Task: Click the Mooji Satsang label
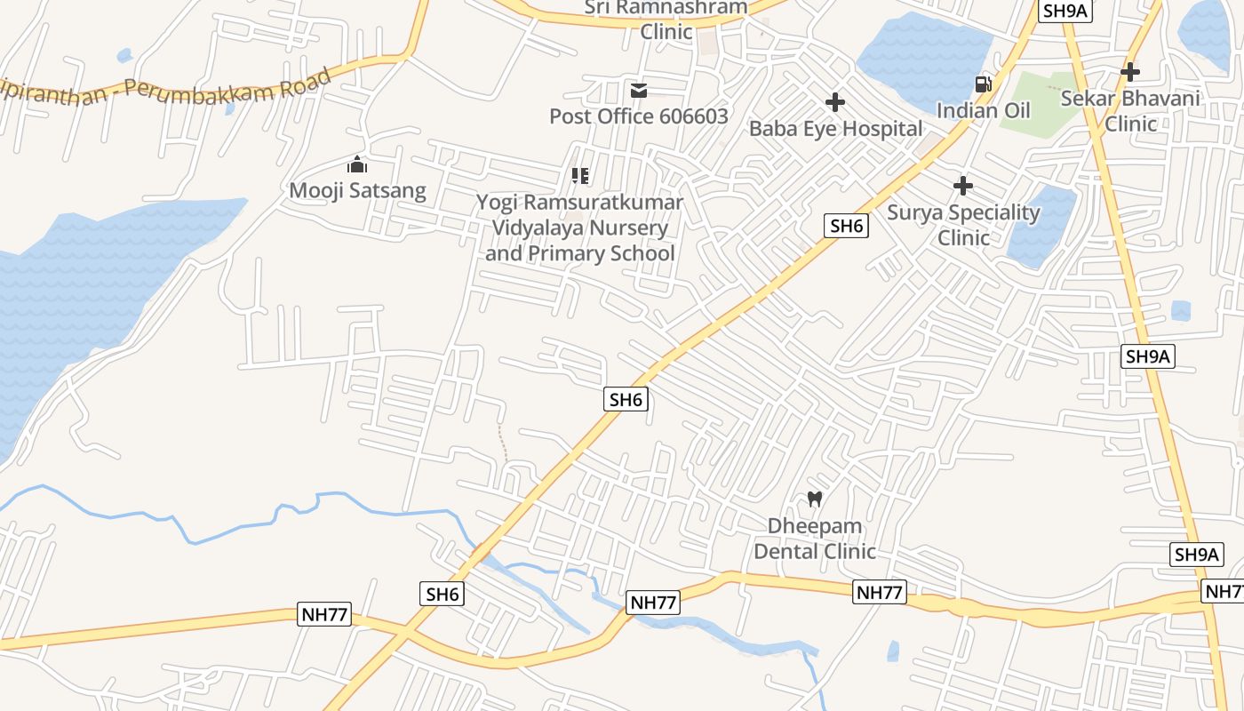pos(357,190)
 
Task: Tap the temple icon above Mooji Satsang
pos(357,164)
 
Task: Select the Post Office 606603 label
pos(638,116)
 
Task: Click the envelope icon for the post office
pos(639,91)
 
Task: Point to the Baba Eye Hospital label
pos(835,129)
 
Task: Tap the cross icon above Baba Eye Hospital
pos(835,103)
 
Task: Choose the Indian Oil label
pos(984,110)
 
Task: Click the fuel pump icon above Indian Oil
pos(984,84)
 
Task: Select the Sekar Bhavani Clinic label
pos(1130,110)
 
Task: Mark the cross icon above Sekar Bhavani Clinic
pos(1130,71)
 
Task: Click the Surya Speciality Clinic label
pos(963,225)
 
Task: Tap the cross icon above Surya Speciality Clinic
pos(963,186)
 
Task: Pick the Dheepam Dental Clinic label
pos(815,539)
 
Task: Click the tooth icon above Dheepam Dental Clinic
pos(815,499)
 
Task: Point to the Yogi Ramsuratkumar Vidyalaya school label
pos(580,228)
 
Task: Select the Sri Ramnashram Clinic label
pos(666,20)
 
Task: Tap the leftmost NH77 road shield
pos(323,614)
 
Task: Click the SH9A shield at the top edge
pos(1065,11)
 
